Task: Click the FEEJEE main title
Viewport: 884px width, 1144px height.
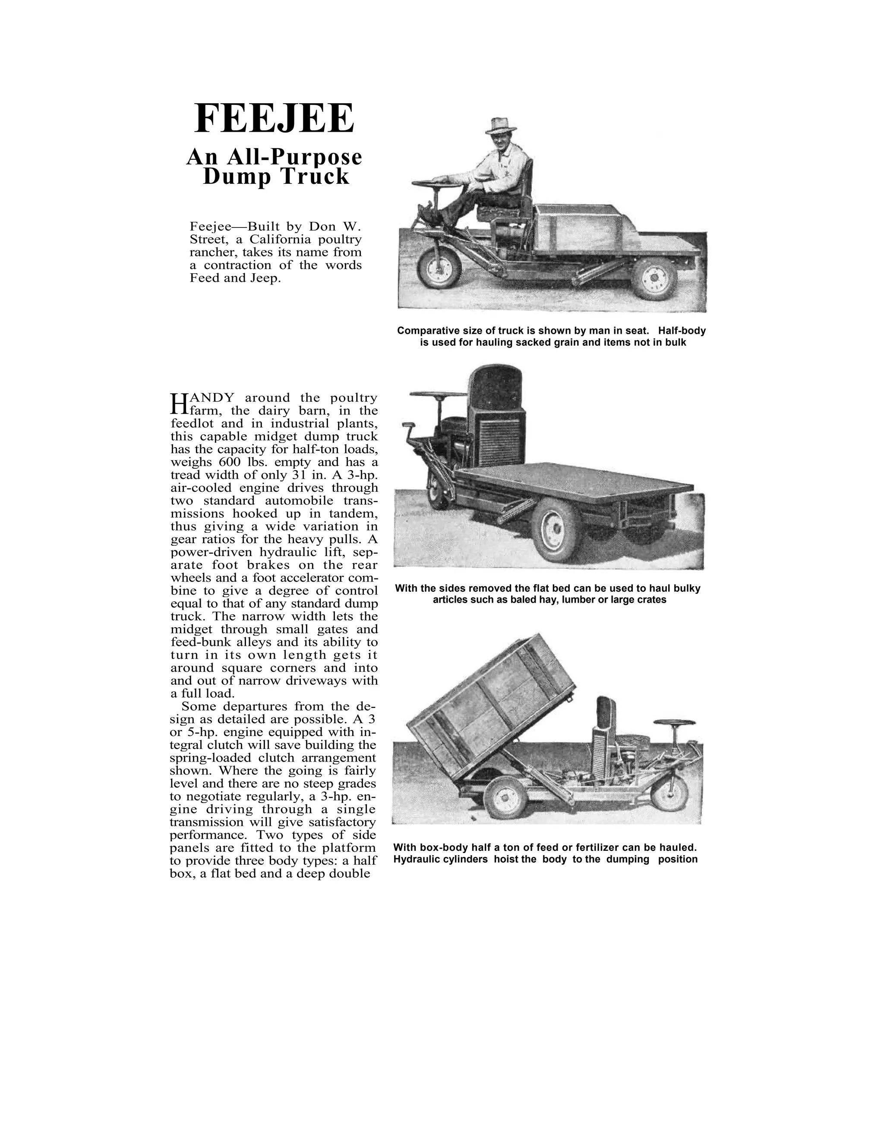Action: coord(274,119)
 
